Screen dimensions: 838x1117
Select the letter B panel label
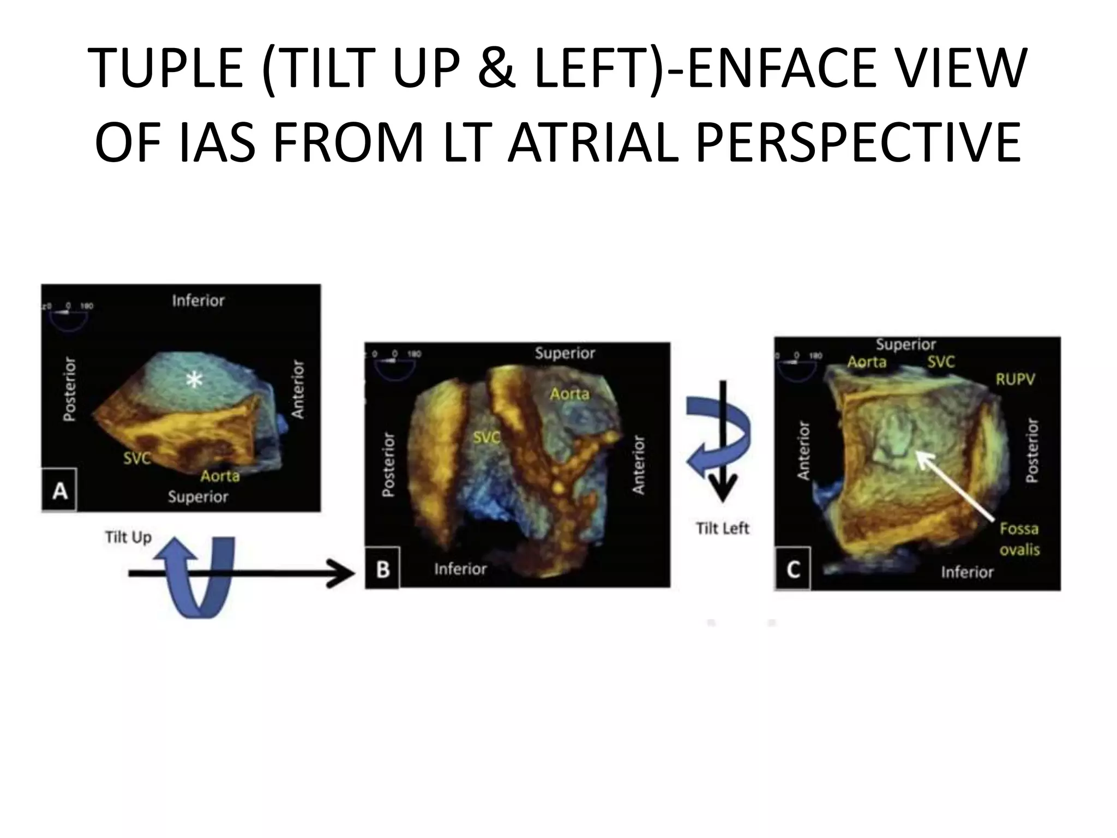[x=383, y=569]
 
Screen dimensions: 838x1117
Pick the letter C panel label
[x=792, y=570]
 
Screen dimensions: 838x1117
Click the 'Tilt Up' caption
[x=128, y=537]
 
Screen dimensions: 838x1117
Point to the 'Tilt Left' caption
[x=723, y=528]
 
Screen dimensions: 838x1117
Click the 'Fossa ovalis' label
[x=1019, y=538]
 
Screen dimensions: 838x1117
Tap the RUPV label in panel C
[x=1015, y=379]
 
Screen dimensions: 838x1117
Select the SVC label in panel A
[x=136, y=458]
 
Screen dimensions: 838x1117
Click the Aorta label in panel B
[x=569, y=393]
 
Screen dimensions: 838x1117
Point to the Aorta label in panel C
[x=867, y=362]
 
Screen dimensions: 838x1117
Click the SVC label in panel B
[x=487, y=438]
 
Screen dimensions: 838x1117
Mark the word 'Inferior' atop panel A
[x=198, y=301]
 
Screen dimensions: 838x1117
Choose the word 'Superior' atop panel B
[x=564, y=353]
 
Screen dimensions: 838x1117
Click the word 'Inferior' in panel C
[x=967, y=572]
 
